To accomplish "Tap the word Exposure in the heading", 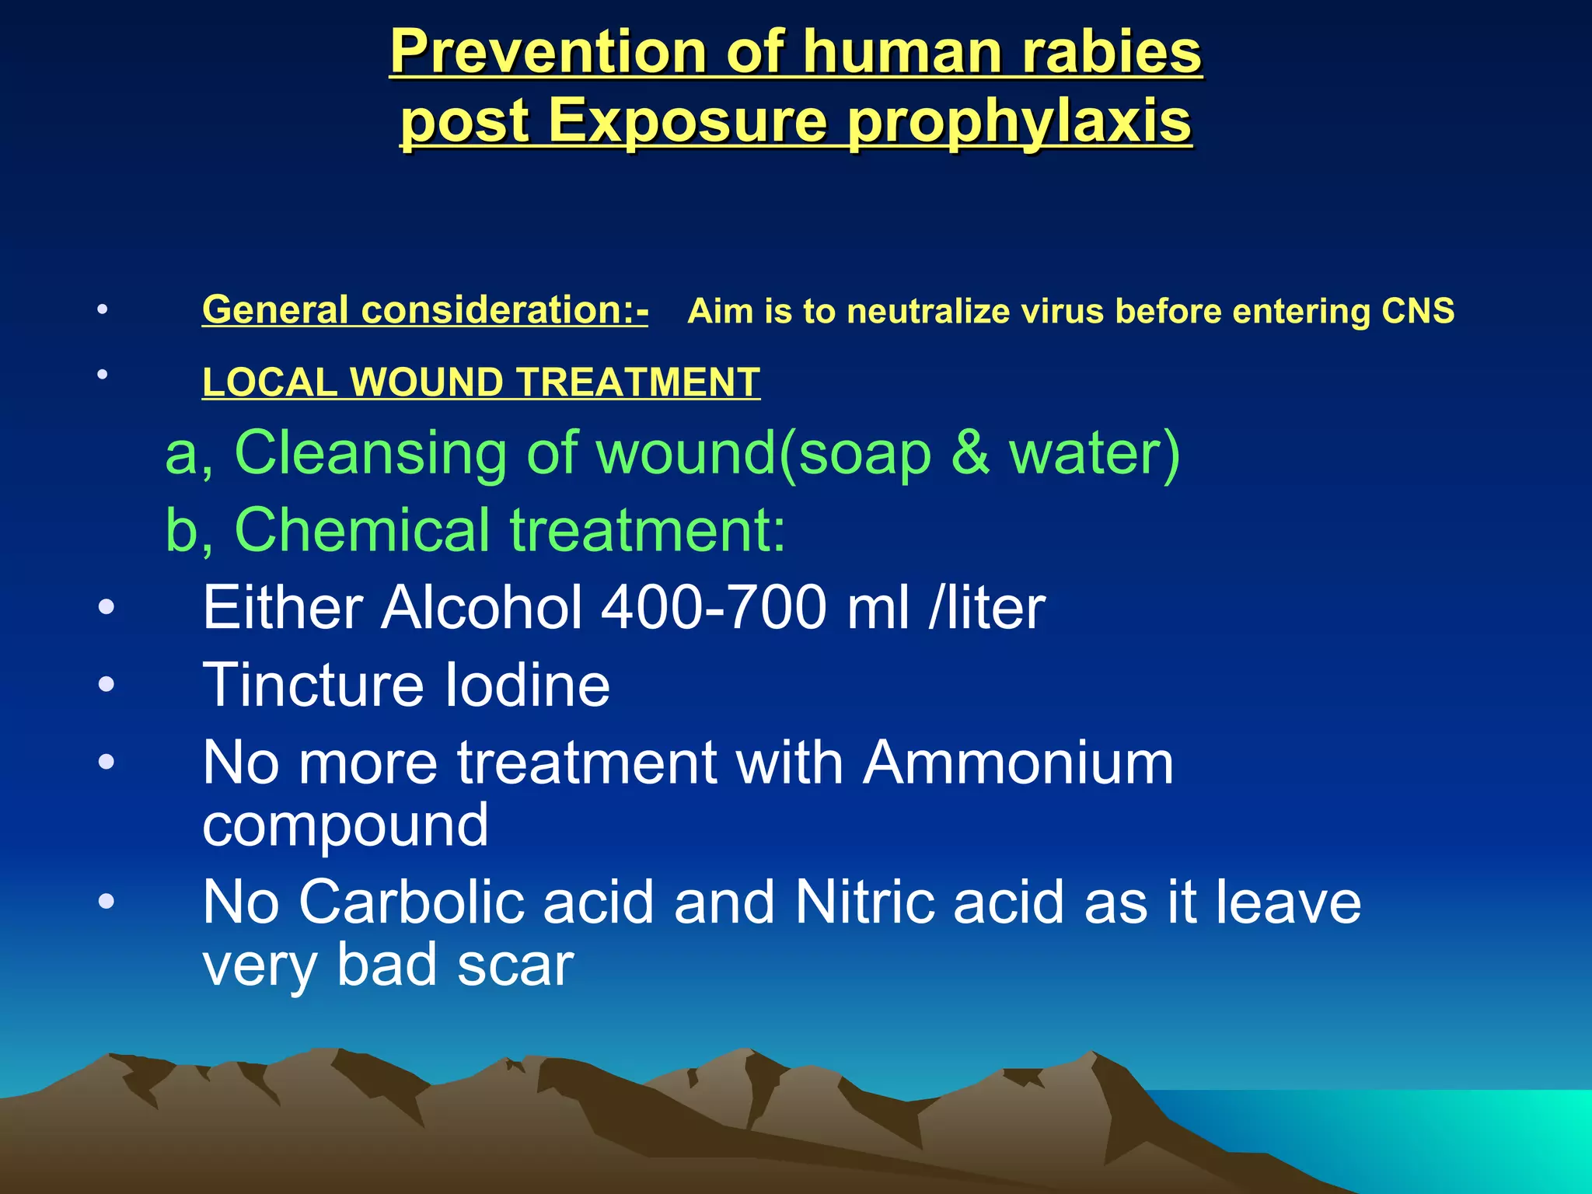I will click(687, 122).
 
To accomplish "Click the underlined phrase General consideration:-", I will click(424, 310).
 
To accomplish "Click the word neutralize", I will click(928, 311).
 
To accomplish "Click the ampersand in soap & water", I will click(970, 452).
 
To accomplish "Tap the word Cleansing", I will click(371, 452).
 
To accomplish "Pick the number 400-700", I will click(714, 608).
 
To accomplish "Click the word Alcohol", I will click(482, 608).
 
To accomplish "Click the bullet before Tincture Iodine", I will click(106, 685).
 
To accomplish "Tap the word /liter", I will click(986, 608).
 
